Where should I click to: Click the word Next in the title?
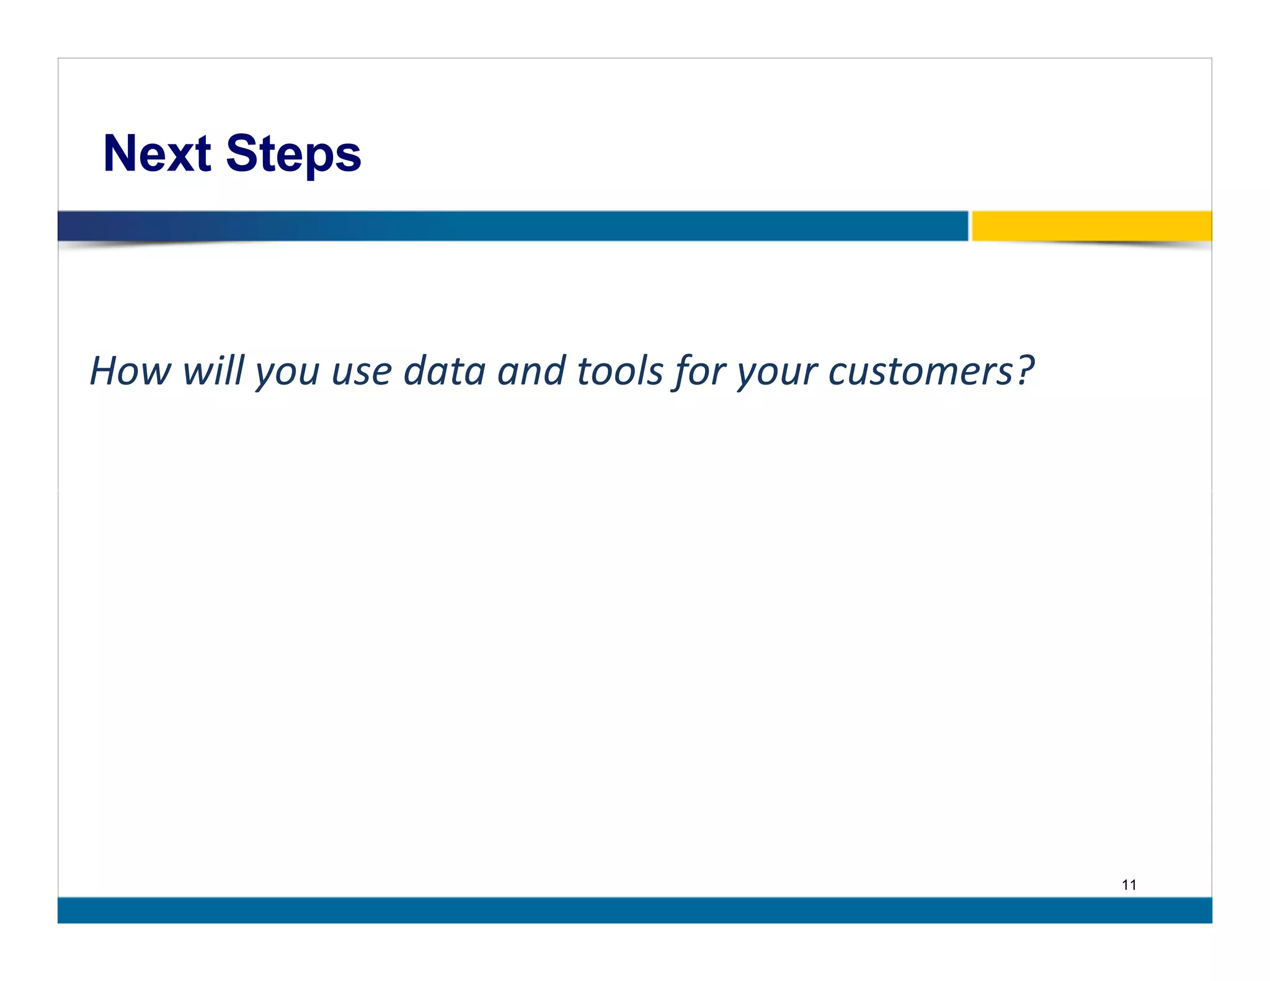(x=157, y=153)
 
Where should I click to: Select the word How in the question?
(x=130, y=371)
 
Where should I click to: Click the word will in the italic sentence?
(x=213, y=371)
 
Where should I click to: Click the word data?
(x=444, y=371)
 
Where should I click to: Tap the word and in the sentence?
(x=531, y=371)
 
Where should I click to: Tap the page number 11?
(x=1129, y=885)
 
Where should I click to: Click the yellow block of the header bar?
(x=1091, y=226)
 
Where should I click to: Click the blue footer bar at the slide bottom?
(x=634, y=910)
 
